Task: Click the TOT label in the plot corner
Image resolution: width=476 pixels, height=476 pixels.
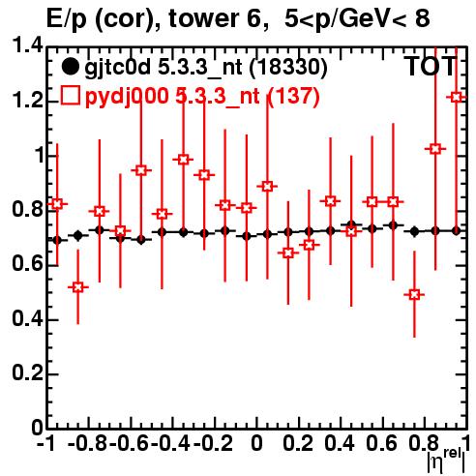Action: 431,67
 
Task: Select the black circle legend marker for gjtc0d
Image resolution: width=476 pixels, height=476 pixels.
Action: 70,67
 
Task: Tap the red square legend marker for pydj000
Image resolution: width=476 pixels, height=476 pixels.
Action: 70,96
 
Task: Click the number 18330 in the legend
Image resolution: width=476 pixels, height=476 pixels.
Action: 288,67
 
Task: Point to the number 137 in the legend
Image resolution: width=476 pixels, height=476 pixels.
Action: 293,96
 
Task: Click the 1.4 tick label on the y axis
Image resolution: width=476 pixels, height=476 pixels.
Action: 27,46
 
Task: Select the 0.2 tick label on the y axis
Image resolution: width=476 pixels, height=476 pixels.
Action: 27,374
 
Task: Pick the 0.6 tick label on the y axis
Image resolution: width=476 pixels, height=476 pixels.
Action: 27,265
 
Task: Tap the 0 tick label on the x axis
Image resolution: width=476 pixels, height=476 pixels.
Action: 256,443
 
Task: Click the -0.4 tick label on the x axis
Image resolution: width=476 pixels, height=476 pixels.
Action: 171,443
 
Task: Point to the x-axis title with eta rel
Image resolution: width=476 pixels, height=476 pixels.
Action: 446,461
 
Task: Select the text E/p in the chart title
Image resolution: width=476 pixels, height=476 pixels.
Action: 67,19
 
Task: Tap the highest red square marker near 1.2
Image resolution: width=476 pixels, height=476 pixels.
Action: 456,97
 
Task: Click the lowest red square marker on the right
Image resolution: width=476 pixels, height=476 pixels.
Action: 414,294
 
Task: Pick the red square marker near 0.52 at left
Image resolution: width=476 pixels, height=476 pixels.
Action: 77,287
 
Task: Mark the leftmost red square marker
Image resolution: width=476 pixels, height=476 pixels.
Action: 57,204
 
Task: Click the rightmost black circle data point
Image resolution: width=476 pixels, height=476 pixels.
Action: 456,231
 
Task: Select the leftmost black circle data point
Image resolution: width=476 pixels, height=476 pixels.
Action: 57,240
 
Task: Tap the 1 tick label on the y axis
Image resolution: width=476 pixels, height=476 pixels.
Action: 40,156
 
